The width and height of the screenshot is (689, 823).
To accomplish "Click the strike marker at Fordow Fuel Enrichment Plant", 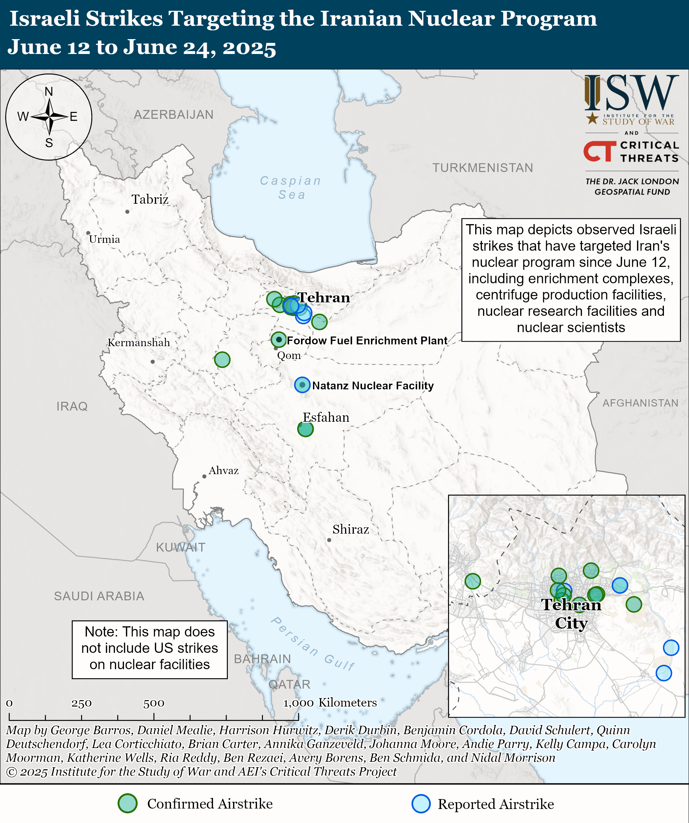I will pos(279,339).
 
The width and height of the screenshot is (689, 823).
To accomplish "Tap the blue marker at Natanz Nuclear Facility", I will pos(302,385).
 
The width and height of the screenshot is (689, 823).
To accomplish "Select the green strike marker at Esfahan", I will pos(305,429).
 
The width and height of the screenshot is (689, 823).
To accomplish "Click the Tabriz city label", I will pos(150,200).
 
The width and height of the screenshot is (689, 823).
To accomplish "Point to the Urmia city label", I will pos(104,239).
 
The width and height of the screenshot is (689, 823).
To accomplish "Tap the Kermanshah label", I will pos(139,343).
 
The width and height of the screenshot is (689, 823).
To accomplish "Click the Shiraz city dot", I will pos(329,540).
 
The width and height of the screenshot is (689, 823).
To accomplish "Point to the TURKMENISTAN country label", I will pos(482,168).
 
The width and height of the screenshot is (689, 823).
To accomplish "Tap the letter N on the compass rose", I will pos(49,92).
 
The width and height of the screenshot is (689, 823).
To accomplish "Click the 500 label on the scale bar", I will pos(153,703).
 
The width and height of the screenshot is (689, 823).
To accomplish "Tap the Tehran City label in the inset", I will pos(571,614).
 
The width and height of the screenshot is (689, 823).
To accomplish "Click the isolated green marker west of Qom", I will pos(222,359).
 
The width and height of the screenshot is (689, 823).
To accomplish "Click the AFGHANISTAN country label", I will pos(640,403).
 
